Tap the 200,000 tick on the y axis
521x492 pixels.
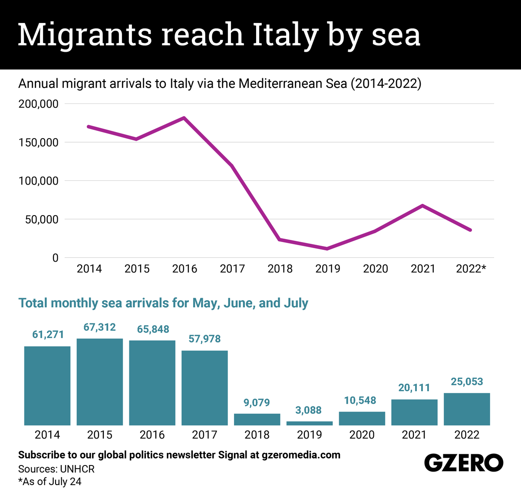point(38,104)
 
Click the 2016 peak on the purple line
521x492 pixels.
point(184,118)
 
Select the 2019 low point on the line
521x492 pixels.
point(327,249)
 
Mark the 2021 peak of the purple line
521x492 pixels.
point(422,205)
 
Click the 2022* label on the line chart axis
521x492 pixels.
point(471,269)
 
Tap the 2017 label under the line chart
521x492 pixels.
point(232,269)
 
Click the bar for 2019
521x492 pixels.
point(310,423)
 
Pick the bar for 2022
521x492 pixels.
point(467,409)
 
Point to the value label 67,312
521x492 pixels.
point(99,327)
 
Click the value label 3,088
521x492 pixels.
point(309,410)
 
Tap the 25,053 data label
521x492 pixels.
point(467,382)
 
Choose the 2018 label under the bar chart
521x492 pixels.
point(257,435)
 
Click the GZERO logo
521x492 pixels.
point(463,463)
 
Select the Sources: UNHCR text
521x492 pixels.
point(56,469)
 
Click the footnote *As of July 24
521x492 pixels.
point(49,482)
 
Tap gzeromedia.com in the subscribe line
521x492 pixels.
point(301,455)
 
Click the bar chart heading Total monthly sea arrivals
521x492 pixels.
point(163,303)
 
